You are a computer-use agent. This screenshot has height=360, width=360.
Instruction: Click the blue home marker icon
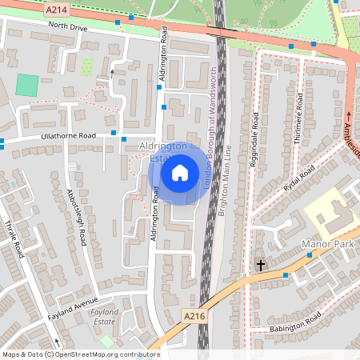click(x=180, y=172)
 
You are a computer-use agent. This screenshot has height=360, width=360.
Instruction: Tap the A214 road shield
click(x=57, y=9)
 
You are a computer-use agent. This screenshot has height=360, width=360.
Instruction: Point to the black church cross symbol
click(x=260, y=264)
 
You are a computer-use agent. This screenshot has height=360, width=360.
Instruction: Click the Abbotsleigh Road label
click(x=77, y=217)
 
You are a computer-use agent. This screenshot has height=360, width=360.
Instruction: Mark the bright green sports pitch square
click(x=27, y=85)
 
